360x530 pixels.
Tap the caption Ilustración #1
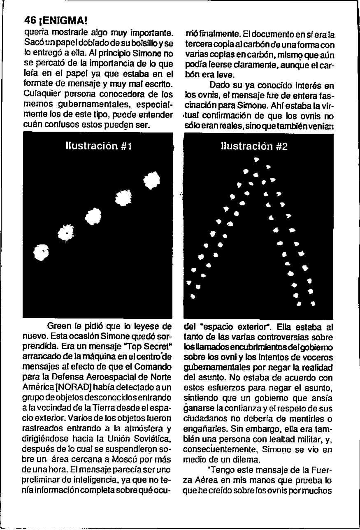tap(98, 146)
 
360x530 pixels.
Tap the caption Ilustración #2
tap(254, 146)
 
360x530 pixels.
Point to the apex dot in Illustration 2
tap(256, 159)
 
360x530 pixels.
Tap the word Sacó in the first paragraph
tap(32, 43)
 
